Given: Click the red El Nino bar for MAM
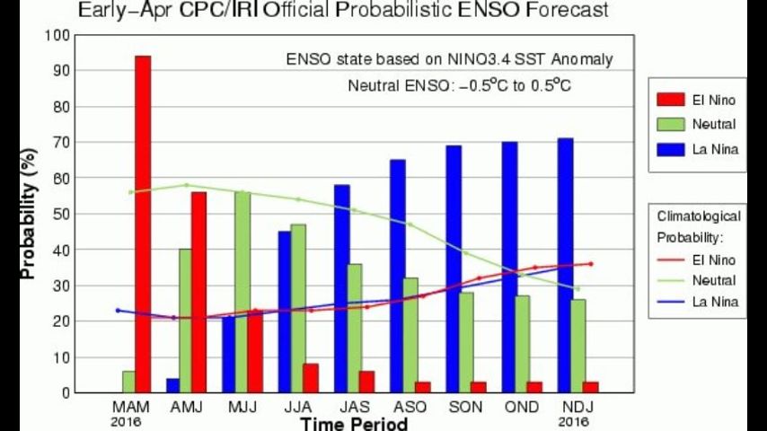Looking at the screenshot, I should pyautogui.click(x=143, y=224).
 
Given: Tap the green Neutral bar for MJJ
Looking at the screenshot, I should pyautogui.click(x=242, y=292).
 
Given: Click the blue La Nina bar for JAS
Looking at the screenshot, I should pyautogui.click(x=341, y=288).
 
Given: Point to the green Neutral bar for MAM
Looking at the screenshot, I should pyautogui.click(x=129, y=382).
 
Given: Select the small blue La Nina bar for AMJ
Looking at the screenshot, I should pyautogui.click(x=172, y=385).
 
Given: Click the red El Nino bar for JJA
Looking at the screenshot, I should pyautogui.click(x=311, y=378).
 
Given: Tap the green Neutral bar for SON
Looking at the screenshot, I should pyautogui.click(x=466, y=342).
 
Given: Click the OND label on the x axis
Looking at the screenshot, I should pyautogui.click(x=522, y=407).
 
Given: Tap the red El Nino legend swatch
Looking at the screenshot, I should pyautogui.click(x=666, y=101).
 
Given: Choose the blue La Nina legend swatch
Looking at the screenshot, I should pyautogui.click(x=666, y=149).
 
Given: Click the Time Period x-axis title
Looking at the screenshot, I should pyautogui.click(x=355, y=423).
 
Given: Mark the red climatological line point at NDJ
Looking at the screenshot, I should pyautogui.click(x=591, y=263).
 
